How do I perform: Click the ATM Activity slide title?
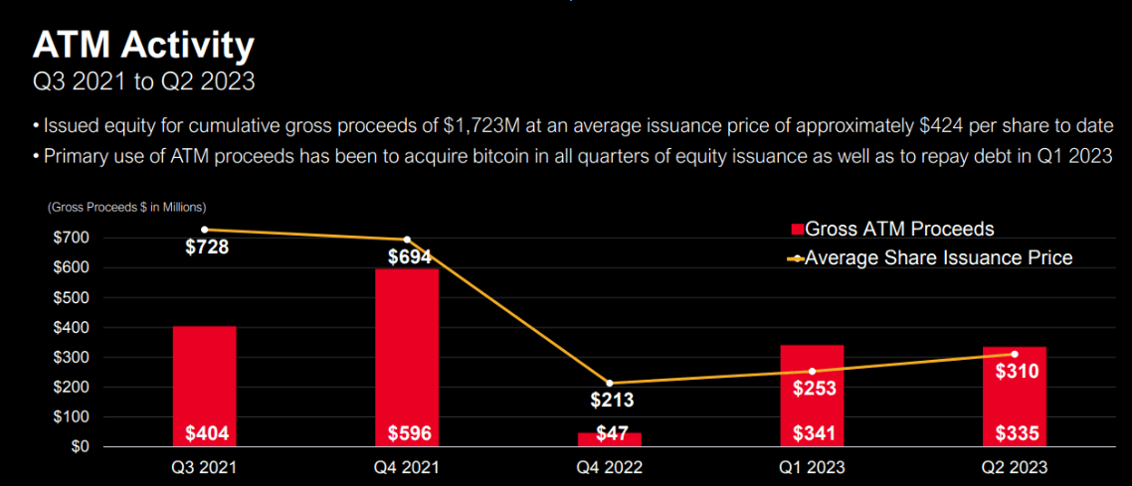point(143,45)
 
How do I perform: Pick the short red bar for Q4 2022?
point(610,439)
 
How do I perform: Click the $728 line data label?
point(207,247)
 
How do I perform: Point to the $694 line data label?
point(410,257)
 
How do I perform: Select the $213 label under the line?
point(610,401)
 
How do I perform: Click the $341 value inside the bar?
point(813,433)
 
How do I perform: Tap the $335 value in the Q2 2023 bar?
point(1016,433)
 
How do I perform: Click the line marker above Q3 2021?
point(204,230)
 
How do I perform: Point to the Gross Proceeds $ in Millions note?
point(125,207)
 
